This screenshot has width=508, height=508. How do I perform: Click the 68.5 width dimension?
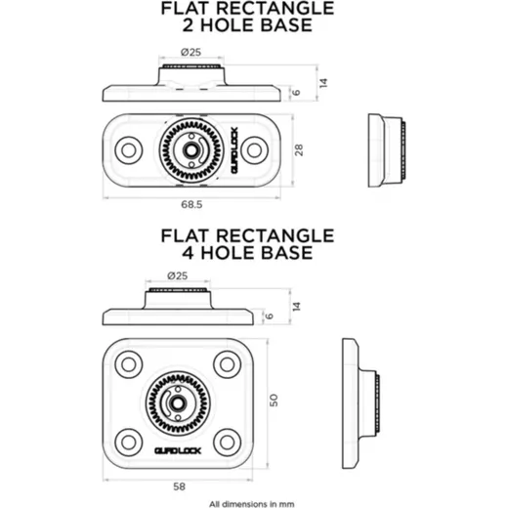pos(191,204)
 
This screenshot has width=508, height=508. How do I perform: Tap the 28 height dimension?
pos(299,149)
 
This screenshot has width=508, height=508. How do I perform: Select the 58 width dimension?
pos(179,487)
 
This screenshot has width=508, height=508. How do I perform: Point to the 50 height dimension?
pos(274,400)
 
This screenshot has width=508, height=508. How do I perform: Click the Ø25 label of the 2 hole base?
pos(190,52)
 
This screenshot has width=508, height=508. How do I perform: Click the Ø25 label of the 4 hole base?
pos(178,275)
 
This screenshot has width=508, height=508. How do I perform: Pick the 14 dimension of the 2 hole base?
pos(323,83)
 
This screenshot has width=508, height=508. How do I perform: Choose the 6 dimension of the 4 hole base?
pos(270,316)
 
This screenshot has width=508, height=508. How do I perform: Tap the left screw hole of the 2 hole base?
pos(129,150)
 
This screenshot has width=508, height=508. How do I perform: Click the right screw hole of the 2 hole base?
pos(254,150)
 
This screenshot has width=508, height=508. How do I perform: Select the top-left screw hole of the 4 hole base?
pos(129,364)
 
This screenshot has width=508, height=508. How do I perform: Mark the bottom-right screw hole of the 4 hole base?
pos(227,443)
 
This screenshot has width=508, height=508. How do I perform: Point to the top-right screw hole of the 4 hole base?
pos(227,364)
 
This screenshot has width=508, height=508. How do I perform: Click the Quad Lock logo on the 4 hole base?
pos(178,450)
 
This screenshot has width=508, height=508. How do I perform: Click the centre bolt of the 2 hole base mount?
pos(190,150)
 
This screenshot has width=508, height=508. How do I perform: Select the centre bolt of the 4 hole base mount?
pos(178,403)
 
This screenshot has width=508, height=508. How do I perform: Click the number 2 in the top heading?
pos(188,25)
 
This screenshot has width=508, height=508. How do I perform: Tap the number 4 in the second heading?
pos(189,253)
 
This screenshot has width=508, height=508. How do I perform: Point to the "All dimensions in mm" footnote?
pos(252,504)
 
